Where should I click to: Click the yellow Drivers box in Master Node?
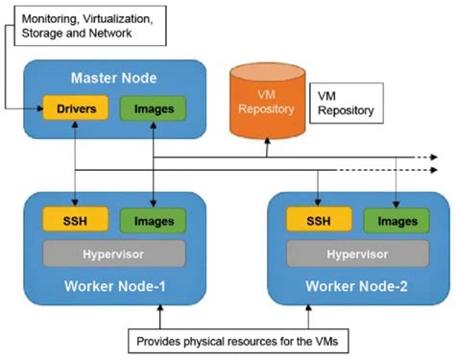tap(73, 108)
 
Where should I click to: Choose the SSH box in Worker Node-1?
tap(73, 222)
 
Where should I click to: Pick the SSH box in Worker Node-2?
tap(317, 222)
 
